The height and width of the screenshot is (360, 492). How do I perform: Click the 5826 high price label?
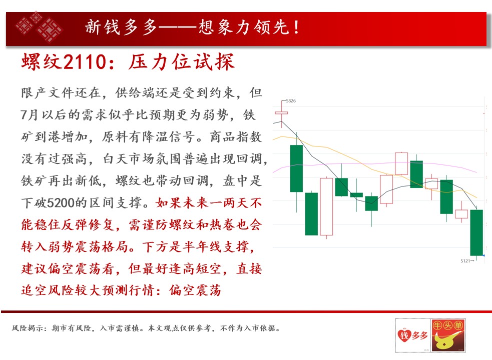291,100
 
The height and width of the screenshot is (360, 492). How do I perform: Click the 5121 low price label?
465,260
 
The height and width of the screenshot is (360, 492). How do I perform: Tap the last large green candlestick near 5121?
476,232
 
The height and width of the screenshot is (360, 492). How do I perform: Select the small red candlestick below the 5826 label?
281,112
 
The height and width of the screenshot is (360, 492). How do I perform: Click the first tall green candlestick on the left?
296,168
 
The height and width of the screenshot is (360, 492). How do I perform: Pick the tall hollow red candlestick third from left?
326,206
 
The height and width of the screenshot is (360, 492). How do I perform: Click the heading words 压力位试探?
182,61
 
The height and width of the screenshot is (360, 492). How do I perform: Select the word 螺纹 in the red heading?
42,61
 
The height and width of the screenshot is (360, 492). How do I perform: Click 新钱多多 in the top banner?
121,27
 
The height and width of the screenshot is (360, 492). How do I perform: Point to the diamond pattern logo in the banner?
39,27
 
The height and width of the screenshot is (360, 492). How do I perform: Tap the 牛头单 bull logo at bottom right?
447,335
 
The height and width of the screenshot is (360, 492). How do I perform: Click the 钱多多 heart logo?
412,335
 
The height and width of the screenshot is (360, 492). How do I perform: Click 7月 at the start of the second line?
29,115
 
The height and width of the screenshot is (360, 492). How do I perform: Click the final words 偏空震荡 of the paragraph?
195,290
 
